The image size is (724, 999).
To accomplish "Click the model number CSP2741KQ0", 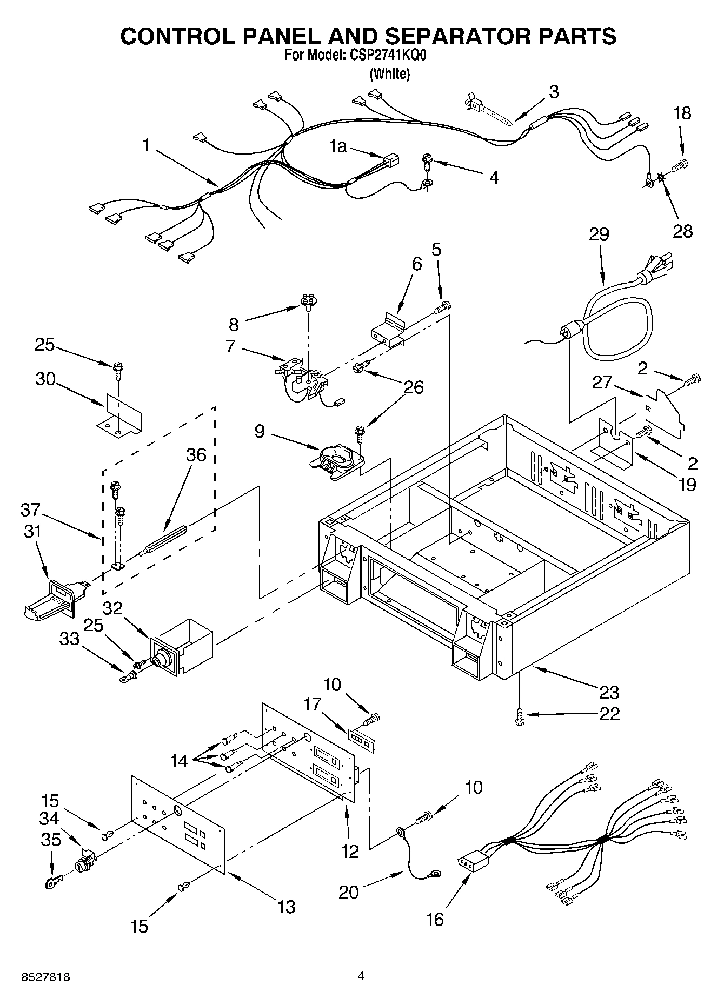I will pos(388,56).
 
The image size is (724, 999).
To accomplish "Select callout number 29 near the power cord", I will pos(599,235).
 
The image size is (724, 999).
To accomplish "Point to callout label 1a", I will pos(338,146).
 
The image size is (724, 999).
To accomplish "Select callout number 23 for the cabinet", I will pos(609,692).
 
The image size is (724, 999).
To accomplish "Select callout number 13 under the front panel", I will pos(287,907).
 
